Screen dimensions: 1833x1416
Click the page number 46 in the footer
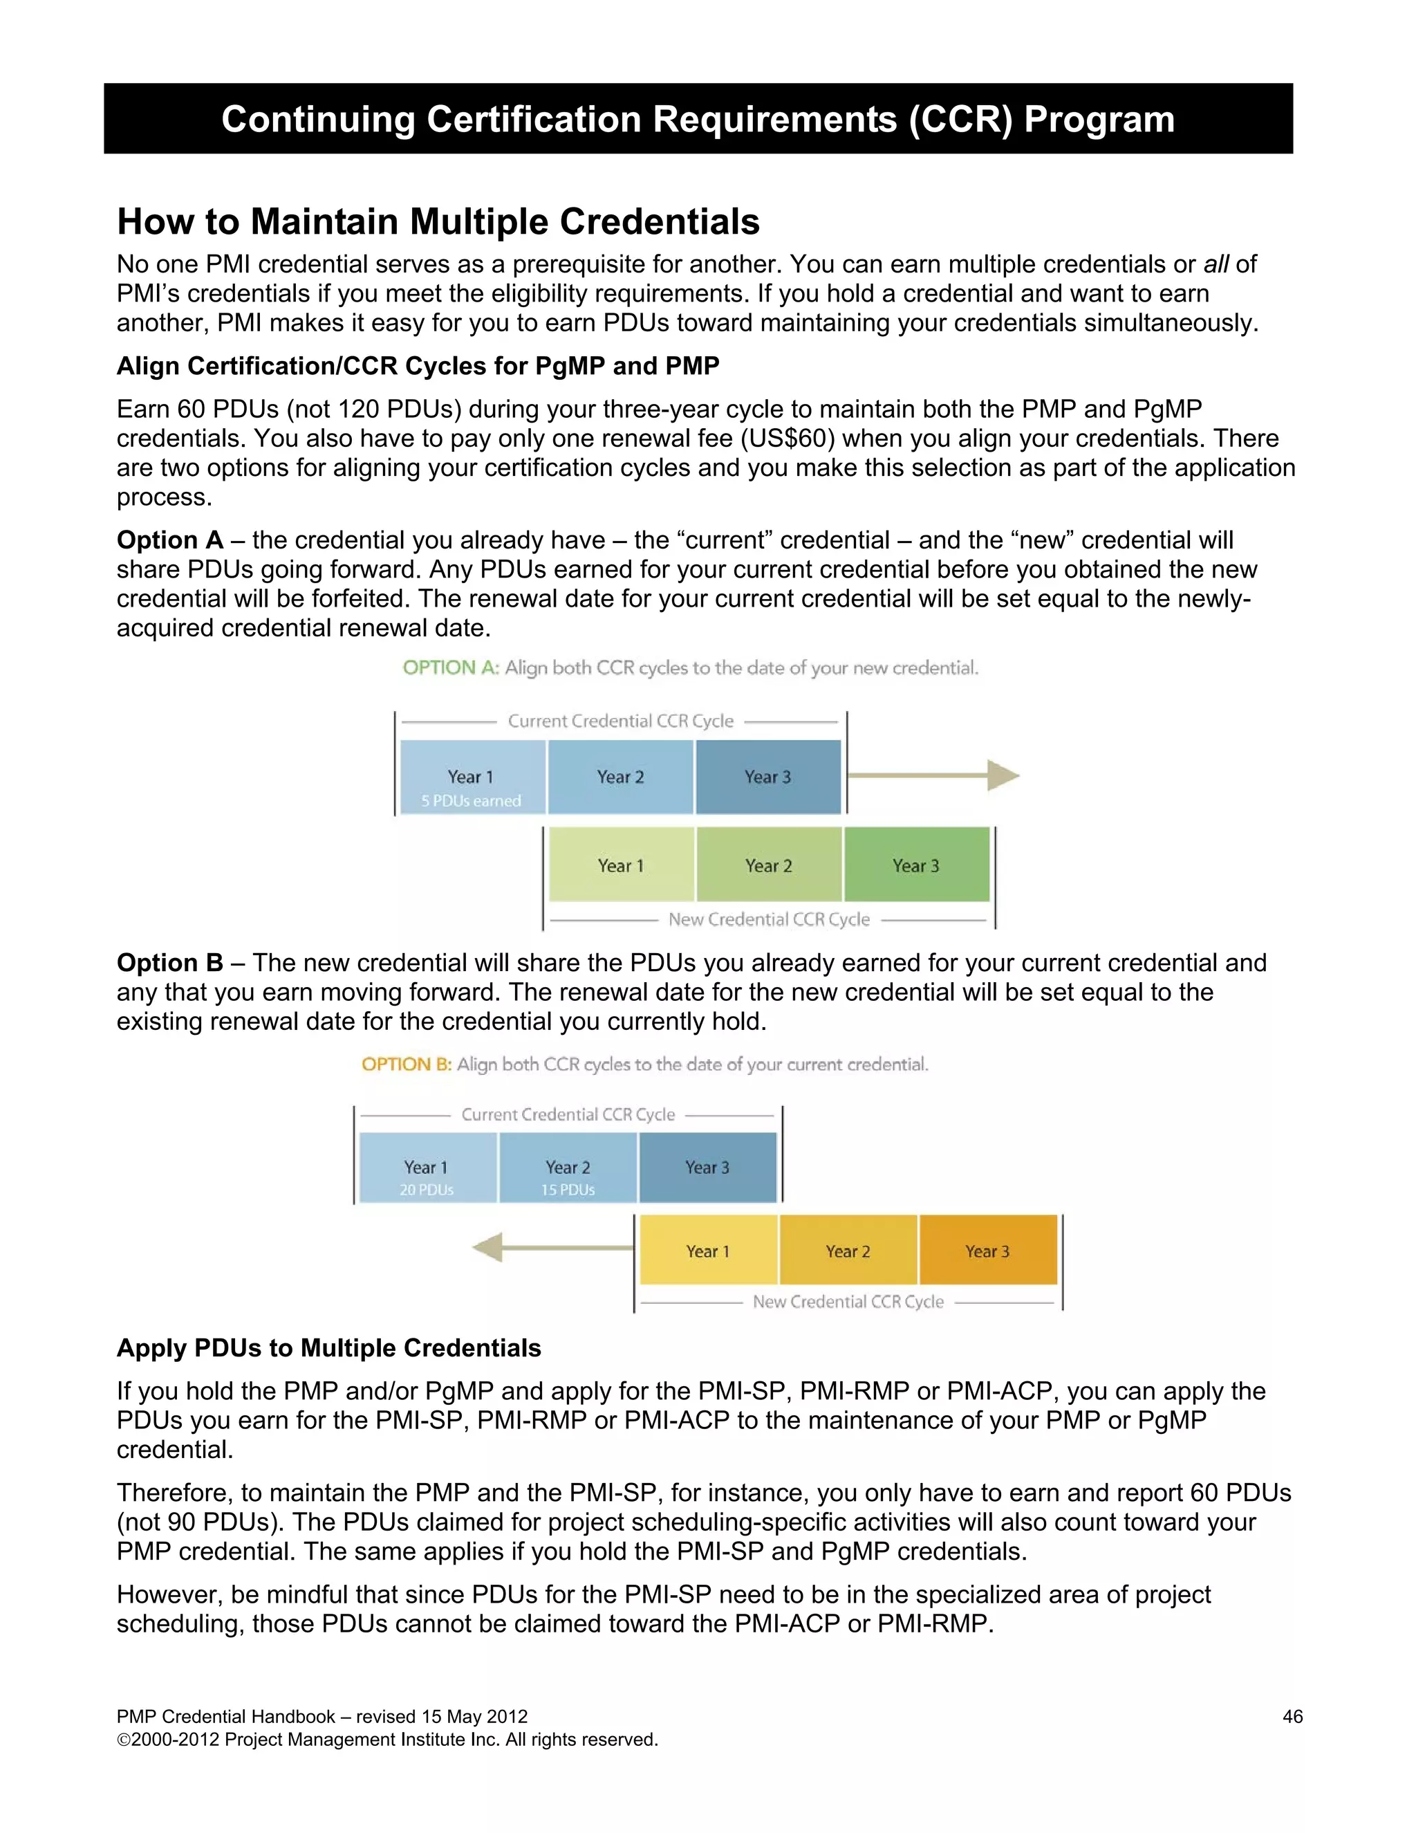(1292, 1716)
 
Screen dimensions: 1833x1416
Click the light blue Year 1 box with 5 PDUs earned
(472, 778)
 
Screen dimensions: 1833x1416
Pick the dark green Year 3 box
(916, 865)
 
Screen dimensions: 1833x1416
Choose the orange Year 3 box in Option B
(987, 1251)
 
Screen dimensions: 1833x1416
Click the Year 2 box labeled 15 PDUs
(568, 1168)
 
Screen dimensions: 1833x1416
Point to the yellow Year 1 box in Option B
(708, 1251)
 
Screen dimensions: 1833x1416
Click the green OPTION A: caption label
(451, 668)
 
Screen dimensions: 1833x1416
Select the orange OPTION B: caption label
(407, 1065)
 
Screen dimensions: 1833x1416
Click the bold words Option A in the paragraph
(170, 540)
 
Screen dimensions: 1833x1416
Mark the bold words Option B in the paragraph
(170, 963)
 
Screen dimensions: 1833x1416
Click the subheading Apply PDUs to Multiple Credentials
(329, 1348)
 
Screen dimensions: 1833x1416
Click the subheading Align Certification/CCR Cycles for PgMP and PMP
(418, 366)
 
